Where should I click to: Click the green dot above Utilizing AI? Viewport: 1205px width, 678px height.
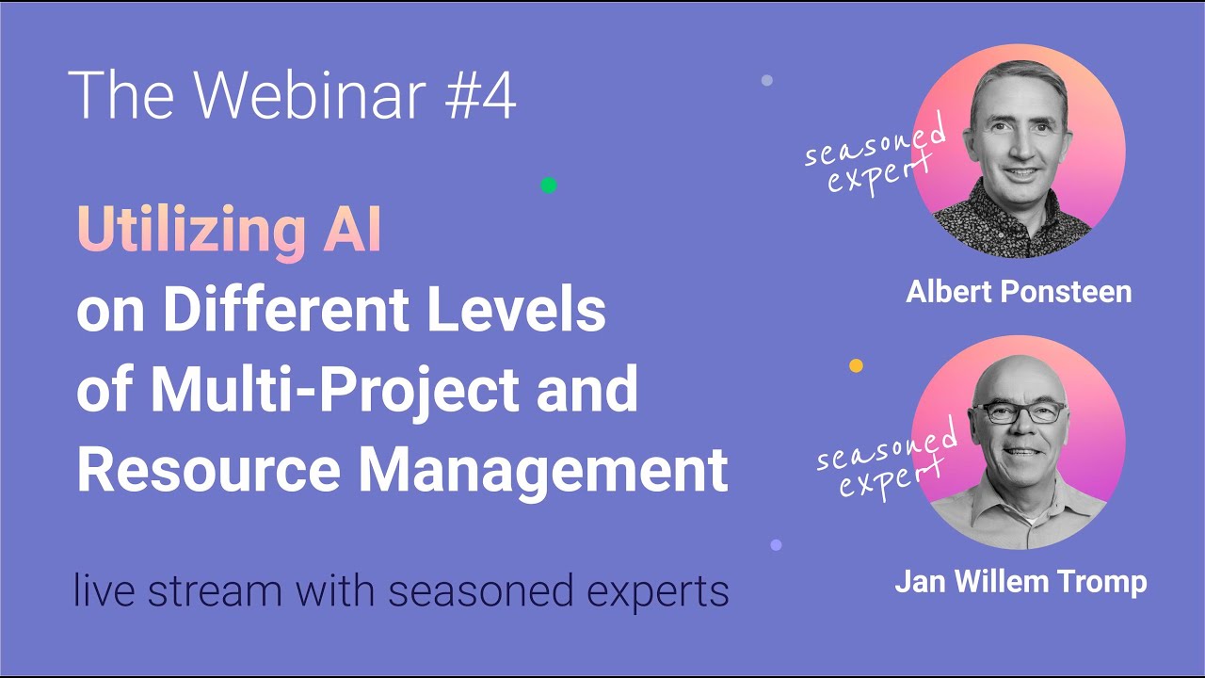point(549,186)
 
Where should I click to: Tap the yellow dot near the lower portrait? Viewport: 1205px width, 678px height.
point(856,365)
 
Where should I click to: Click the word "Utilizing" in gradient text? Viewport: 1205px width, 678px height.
point(184,231)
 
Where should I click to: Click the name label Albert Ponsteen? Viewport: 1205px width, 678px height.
point(1019,292)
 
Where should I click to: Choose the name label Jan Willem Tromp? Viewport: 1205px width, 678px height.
point(1020,581)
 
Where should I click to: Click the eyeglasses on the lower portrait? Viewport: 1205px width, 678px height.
point(1020,412)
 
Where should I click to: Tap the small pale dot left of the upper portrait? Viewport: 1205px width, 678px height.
point(766,81)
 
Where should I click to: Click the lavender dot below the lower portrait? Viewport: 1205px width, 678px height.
point(776,544)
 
